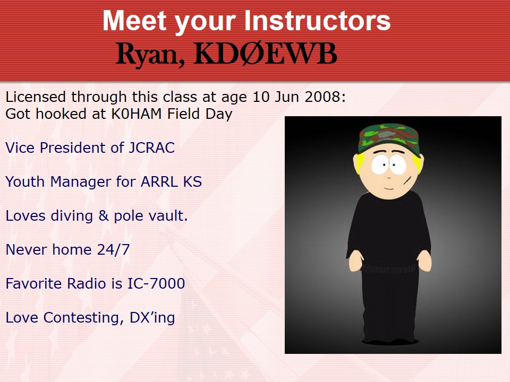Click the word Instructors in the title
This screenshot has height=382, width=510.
click(317, 21)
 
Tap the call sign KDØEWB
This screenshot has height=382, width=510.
click(265, 54)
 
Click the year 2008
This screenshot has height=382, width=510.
click(322, 97)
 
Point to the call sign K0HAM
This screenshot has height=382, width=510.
click(137, 114)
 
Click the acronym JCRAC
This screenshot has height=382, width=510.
click(151, 148)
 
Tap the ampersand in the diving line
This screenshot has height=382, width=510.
click(104, 215)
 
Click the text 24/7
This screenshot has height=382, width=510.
click(113, 249)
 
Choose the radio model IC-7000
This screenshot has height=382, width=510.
click(156, 283)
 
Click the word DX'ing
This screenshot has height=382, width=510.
click(152, 318)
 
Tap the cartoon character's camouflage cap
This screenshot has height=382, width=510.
click(388, 137)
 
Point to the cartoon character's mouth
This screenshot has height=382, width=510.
click(388, 188)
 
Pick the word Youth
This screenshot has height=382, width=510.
click(25, 181)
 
